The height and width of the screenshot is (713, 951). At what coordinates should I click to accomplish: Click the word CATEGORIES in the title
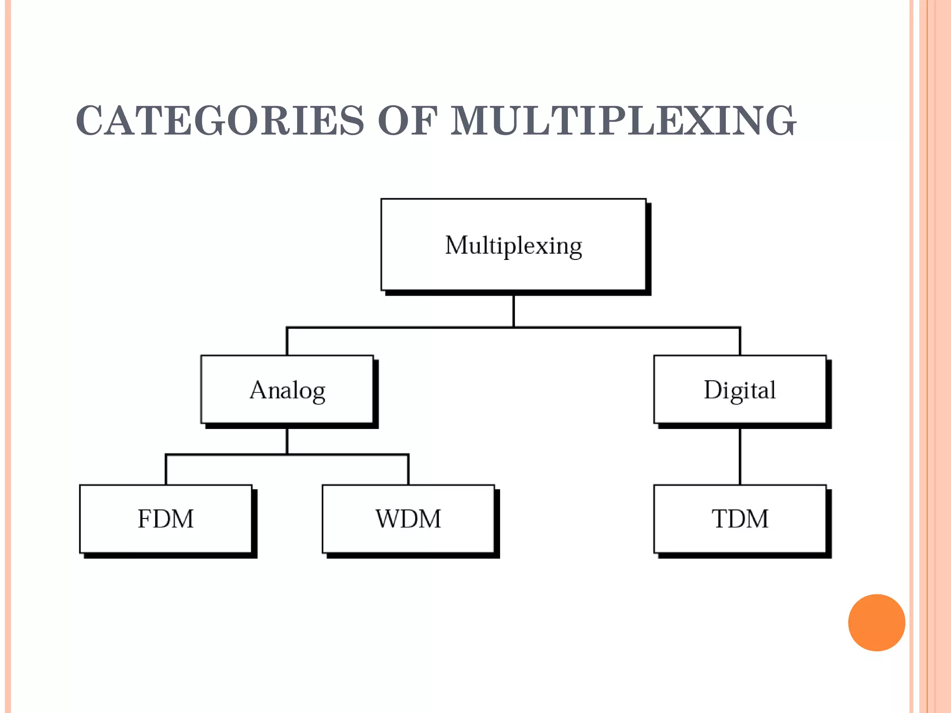coord(220,121)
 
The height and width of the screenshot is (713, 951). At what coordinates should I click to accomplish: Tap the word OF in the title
coord(407,121)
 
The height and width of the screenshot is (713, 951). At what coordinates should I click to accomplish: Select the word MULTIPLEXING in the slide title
coord(623,121)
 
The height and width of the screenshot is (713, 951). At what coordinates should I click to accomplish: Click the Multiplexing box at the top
coord(513,245)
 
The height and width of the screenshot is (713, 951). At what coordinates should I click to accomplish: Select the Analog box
coord(287,389)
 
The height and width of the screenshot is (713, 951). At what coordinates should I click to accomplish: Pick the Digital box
coord(740,389)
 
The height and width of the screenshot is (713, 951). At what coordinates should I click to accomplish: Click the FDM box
coord(166,519)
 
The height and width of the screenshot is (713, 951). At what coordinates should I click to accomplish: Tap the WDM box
coord(408,519)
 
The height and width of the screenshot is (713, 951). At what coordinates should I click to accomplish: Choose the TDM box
coord(740,519)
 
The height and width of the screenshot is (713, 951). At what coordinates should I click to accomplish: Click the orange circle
coord(876,622)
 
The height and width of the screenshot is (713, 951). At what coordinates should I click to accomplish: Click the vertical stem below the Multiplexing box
coord(514,311)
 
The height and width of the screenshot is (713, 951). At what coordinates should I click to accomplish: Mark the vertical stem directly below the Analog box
coord(287,441)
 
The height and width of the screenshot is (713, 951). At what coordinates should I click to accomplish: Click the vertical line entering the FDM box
coord(166,470)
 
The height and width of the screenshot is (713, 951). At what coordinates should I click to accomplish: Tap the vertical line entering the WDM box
coord(408,470)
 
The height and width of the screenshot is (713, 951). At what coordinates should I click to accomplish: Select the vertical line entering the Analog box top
coord(287,342)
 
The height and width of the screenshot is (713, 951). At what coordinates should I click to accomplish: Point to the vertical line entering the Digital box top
coord(740,342)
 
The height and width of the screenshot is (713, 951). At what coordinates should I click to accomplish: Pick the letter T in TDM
coord(721,519)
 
